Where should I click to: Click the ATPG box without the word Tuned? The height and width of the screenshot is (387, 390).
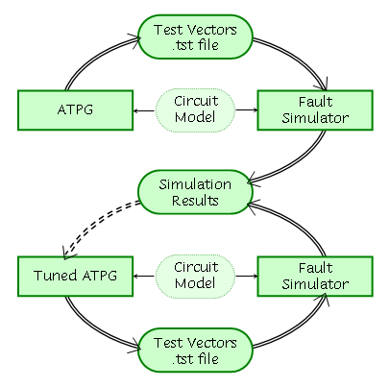(x=75, y=110)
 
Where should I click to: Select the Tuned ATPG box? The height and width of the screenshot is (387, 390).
(x=75, y=276)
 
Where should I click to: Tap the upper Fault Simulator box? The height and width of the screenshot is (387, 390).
(x=315, y=110)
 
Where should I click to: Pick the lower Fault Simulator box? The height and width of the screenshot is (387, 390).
(x=315, y=276)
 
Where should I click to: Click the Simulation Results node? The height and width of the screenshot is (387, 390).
(x=195, y=192)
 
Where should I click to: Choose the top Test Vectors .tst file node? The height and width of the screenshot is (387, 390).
(x=195, y=36)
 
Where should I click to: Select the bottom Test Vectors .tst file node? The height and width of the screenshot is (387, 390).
(x=195, y=350)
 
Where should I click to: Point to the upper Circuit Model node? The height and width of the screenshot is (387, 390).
(x=195, y=110)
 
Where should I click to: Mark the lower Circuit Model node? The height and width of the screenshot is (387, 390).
(x=195, y=276)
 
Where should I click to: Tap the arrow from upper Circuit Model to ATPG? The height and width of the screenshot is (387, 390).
(x=144, y=110)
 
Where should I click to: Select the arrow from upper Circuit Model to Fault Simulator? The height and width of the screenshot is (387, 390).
(x=247, y=110)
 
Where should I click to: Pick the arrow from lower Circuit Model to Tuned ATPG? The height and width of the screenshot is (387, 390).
(x=144, y=276)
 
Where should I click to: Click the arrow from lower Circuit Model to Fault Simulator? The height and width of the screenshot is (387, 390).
(x=247, y=276)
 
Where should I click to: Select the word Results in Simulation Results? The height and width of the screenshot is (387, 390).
(x=195, y=201)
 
